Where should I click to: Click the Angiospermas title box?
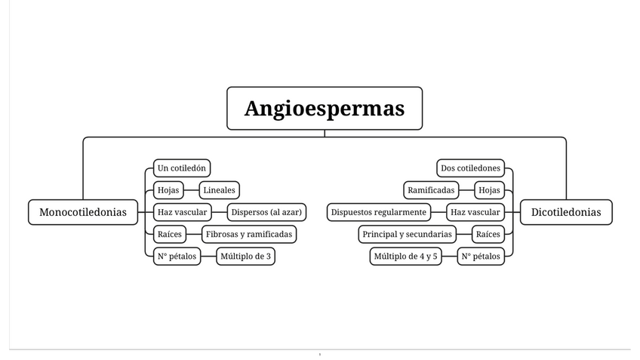point(325,108)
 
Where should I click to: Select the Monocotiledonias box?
point(83,212)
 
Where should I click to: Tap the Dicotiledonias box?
point(566,212)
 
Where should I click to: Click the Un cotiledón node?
point(182,168)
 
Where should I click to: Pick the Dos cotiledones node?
point(470,168)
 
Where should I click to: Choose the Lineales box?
point(219,190)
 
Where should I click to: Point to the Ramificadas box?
point(432,190)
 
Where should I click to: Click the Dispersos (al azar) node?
point(267,212)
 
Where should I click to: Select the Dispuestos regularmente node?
point(379,212)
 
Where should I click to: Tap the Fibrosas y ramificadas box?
point(249,234)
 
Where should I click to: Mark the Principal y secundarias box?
point(407,234)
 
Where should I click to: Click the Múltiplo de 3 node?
point(245,256)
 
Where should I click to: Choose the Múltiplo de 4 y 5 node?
point(405,256)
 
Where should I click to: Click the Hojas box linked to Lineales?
point(167,190)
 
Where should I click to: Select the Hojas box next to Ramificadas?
point(490,190)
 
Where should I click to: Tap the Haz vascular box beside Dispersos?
point(181,212)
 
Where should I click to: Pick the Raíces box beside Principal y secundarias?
point(488,234)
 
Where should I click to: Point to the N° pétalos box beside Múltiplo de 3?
point(177,256)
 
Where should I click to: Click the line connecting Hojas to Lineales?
point(189,190)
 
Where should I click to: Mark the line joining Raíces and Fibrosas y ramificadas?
point(192,234)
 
